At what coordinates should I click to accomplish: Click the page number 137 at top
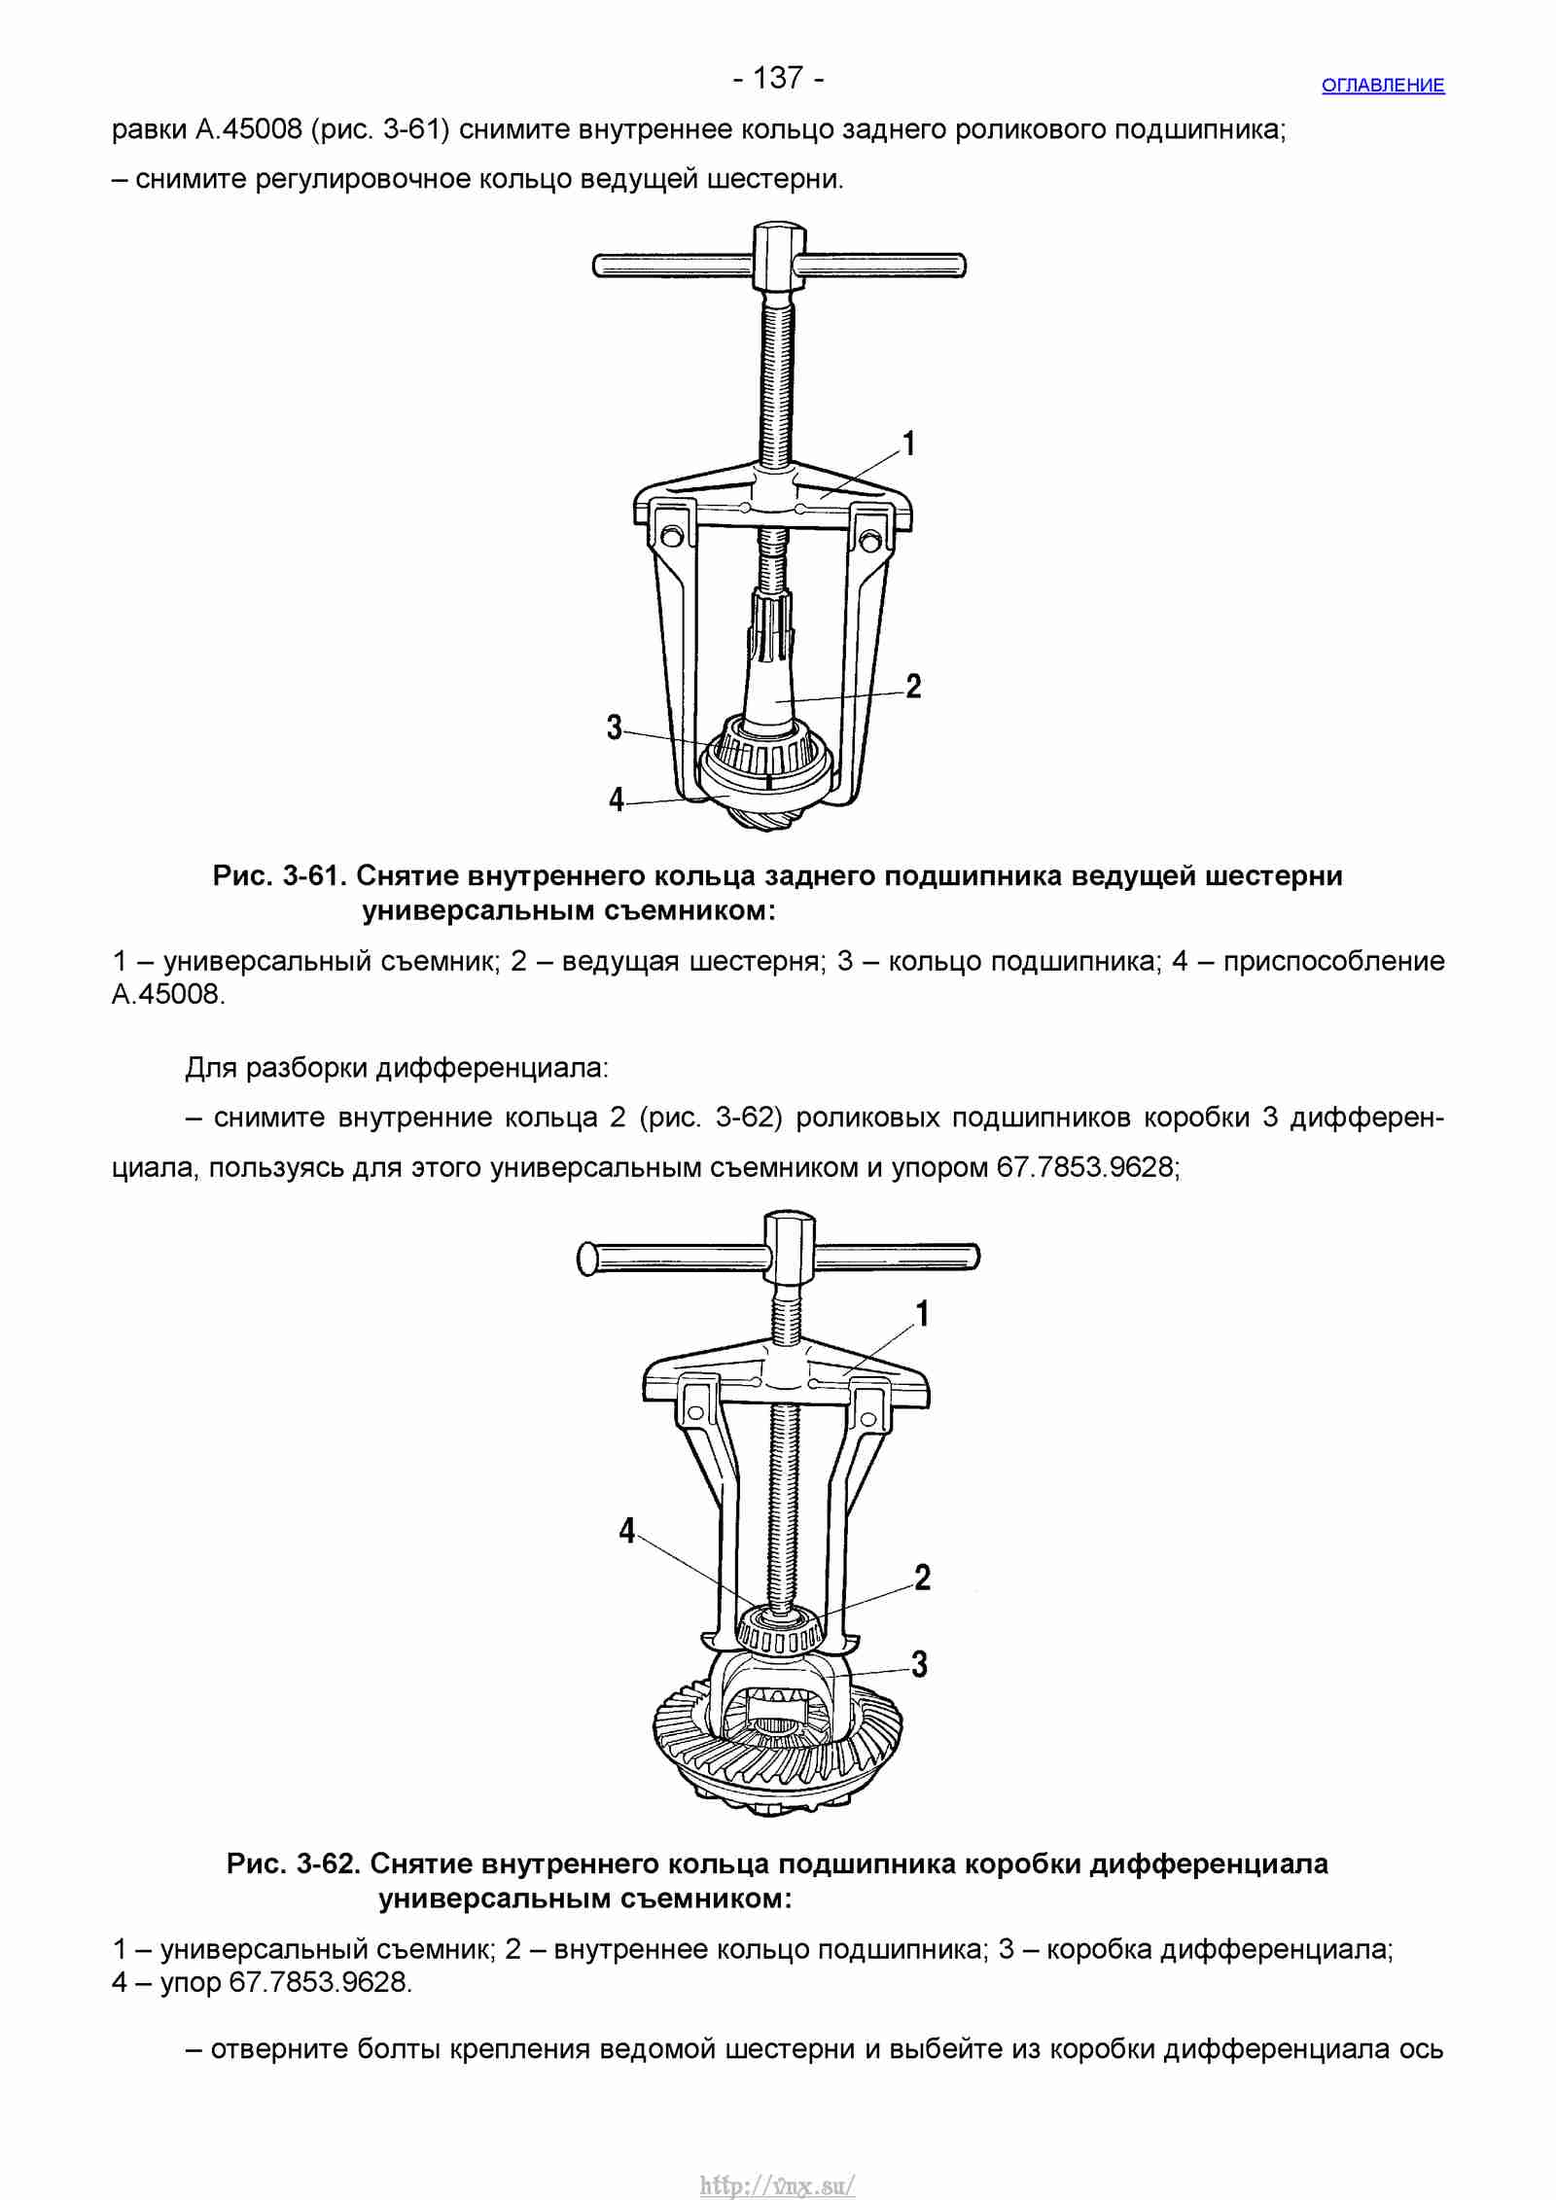(x=779, y=77)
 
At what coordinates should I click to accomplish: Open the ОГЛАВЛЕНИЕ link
(x=1383, y=86)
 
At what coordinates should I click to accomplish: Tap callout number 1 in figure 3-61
(x=908, y=444)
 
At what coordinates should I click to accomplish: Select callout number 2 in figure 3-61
(x=913, y=686)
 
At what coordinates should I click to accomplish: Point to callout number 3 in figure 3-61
(x=615, y=727)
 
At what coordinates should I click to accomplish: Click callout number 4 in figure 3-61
(x=616, y=798)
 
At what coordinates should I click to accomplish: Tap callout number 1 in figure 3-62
(x=923, y=1313)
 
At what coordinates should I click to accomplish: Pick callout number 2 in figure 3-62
(x=923, y=1577)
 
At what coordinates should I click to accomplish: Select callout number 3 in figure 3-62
(x=920, y=1663)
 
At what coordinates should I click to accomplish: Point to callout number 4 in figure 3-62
(x=627, y=1531)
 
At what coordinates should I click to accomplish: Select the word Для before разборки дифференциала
(x=211, y=1068)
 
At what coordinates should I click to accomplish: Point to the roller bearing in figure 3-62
(x=779, y=1634)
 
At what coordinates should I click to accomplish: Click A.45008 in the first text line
(x=249, y=129)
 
